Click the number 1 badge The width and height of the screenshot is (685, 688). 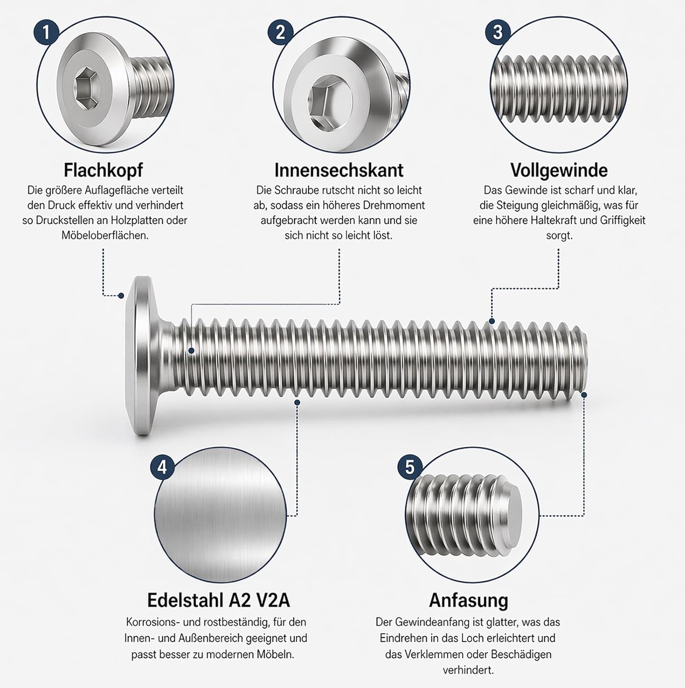(46, 32)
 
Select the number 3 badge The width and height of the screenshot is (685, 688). (497, 32)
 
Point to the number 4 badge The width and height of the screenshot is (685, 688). (162, 467)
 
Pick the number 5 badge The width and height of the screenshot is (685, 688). (410, 467)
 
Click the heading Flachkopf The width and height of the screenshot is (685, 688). (103, 170)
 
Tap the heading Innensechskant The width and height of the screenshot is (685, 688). (339, 170)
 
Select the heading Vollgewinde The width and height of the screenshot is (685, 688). (559, 170)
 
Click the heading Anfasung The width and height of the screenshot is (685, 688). (468, 600)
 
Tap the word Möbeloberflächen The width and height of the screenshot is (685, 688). (105, 235)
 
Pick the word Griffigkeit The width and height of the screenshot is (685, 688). (623, 220)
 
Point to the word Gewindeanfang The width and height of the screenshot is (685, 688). (429, 623)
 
